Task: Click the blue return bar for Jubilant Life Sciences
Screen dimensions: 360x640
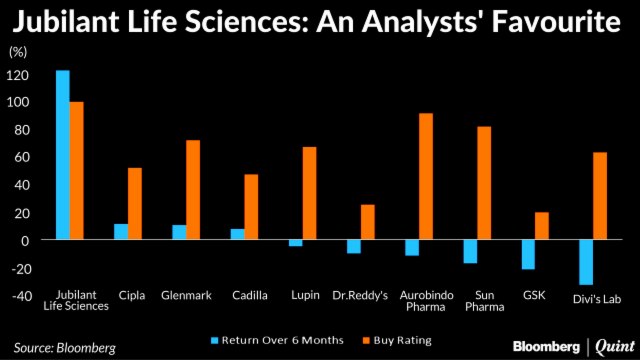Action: [62, 155]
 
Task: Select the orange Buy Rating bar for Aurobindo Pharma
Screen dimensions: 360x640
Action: [426, 177]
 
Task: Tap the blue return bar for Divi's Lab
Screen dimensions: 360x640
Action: [585, 262]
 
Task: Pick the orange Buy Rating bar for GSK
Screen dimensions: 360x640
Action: [541, 226]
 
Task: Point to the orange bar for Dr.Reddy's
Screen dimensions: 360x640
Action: [367, 222]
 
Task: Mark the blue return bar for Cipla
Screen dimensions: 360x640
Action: [120, 231]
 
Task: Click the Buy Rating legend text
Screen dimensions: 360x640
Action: [404, 341]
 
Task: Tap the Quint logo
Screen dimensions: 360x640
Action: [611, 346]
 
